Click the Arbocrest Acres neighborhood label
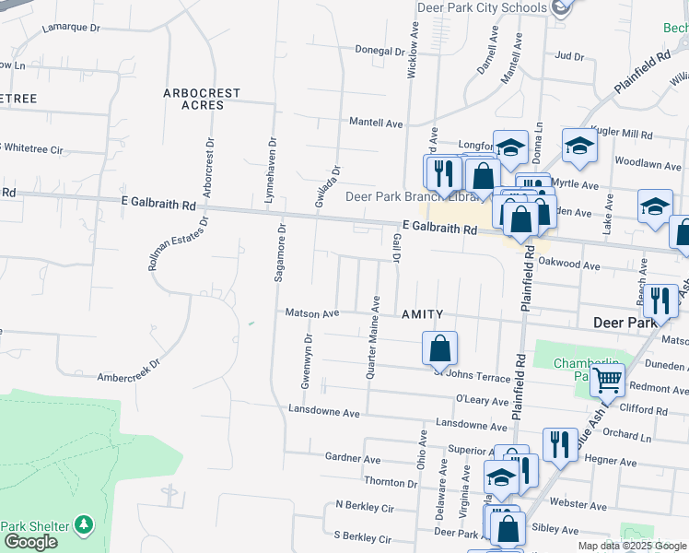tap(202, 99)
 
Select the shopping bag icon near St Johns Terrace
tap(440, 348)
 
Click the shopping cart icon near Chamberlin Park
tap(607, 379)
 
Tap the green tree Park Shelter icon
tap(84, 524)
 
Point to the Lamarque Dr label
tap(71, 28)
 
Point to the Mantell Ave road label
tap(376, 123)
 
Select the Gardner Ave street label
tap(353, 458)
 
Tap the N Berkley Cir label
tap(364, 506)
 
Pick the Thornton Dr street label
tap(391, 482)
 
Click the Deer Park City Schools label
tap(482, 8)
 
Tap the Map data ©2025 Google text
tap(631, 546)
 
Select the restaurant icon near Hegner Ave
tap(560, 445)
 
